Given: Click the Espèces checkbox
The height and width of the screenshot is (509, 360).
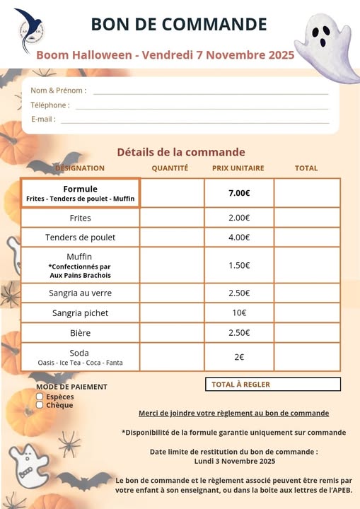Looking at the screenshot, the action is click(40, 397).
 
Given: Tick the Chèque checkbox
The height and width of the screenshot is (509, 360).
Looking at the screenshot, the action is click(40, 405).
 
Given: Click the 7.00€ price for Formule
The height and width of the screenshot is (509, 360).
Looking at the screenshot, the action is click(239, 193).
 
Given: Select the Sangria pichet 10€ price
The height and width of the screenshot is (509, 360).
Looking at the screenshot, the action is click(239, 312).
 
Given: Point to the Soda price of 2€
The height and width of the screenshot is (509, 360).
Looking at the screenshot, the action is click(239, 357).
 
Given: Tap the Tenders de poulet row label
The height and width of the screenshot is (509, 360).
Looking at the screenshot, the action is click(80, 238).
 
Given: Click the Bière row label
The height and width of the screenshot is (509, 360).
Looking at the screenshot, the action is click(80, 333).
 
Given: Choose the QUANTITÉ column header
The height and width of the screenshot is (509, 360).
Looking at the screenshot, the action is click(170, 168).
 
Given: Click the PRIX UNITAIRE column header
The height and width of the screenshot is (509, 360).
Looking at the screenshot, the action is click(238, 168).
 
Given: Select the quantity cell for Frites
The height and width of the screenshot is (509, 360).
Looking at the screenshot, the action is click(172, 218).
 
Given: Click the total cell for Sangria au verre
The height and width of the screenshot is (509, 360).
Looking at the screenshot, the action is click(306, 293).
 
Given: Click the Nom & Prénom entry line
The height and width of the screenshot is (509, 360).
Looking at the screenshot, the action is click(211, 93).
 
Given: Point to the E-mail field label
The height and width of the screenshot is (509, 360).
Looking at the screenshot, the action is click(43, 119).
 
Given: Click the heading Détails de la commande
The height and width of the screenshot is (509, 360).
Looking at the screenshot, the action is click(181, 152).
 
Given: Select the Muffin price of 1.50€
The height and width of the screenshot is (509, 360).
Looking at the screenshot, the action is click(239, 265).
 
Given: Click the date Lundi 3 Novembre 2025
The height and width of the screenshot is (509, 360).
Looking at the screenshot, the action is click(234, 461).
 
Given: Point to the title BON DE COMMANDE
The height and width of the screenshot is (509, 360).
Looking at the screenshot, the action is click(179, 25).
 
